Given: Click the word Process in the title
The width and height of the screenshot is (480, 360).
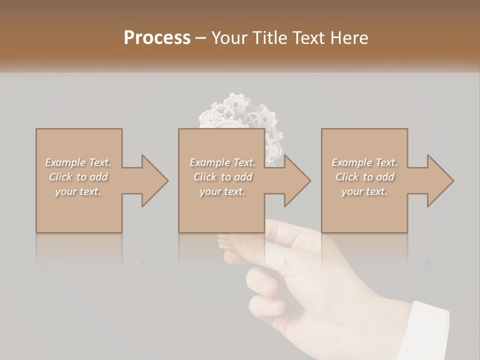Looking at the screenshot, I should coord(157,38).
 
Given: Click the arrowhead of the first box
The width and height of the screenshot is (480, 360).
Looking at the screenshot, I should coord(154,180).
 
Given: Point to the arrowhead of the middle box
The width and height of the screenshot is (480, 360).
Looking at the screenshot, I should coord(297,180).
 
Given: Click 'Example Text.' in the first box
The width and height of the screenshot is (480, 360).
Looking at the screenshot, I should coord(78,162).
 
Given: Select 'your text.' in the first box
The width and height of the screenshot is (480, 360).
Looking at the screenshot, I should coord(78,191).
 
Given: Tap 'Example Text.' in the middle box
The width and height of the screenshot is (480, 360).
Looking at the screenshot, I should coord(222,162).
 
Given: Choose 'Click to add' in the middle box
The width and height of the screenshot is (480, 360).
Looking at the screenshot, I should coord(222,177).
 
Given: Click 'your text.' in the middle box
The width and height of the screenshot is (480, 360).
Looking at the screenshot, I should coord(222,191).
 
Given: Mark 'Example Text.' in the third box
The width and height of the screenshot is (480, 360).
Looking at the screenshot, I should coord(364,162).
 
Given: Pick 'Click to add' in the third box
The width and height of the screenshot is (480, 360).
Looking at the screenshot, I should coord(364,177).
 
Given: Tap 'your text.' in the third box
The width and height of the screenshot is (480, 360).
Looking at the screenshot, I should coord(364,191).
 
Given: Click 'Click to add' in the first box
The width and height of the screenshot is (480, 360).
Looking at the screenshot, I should coord(78,177).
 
